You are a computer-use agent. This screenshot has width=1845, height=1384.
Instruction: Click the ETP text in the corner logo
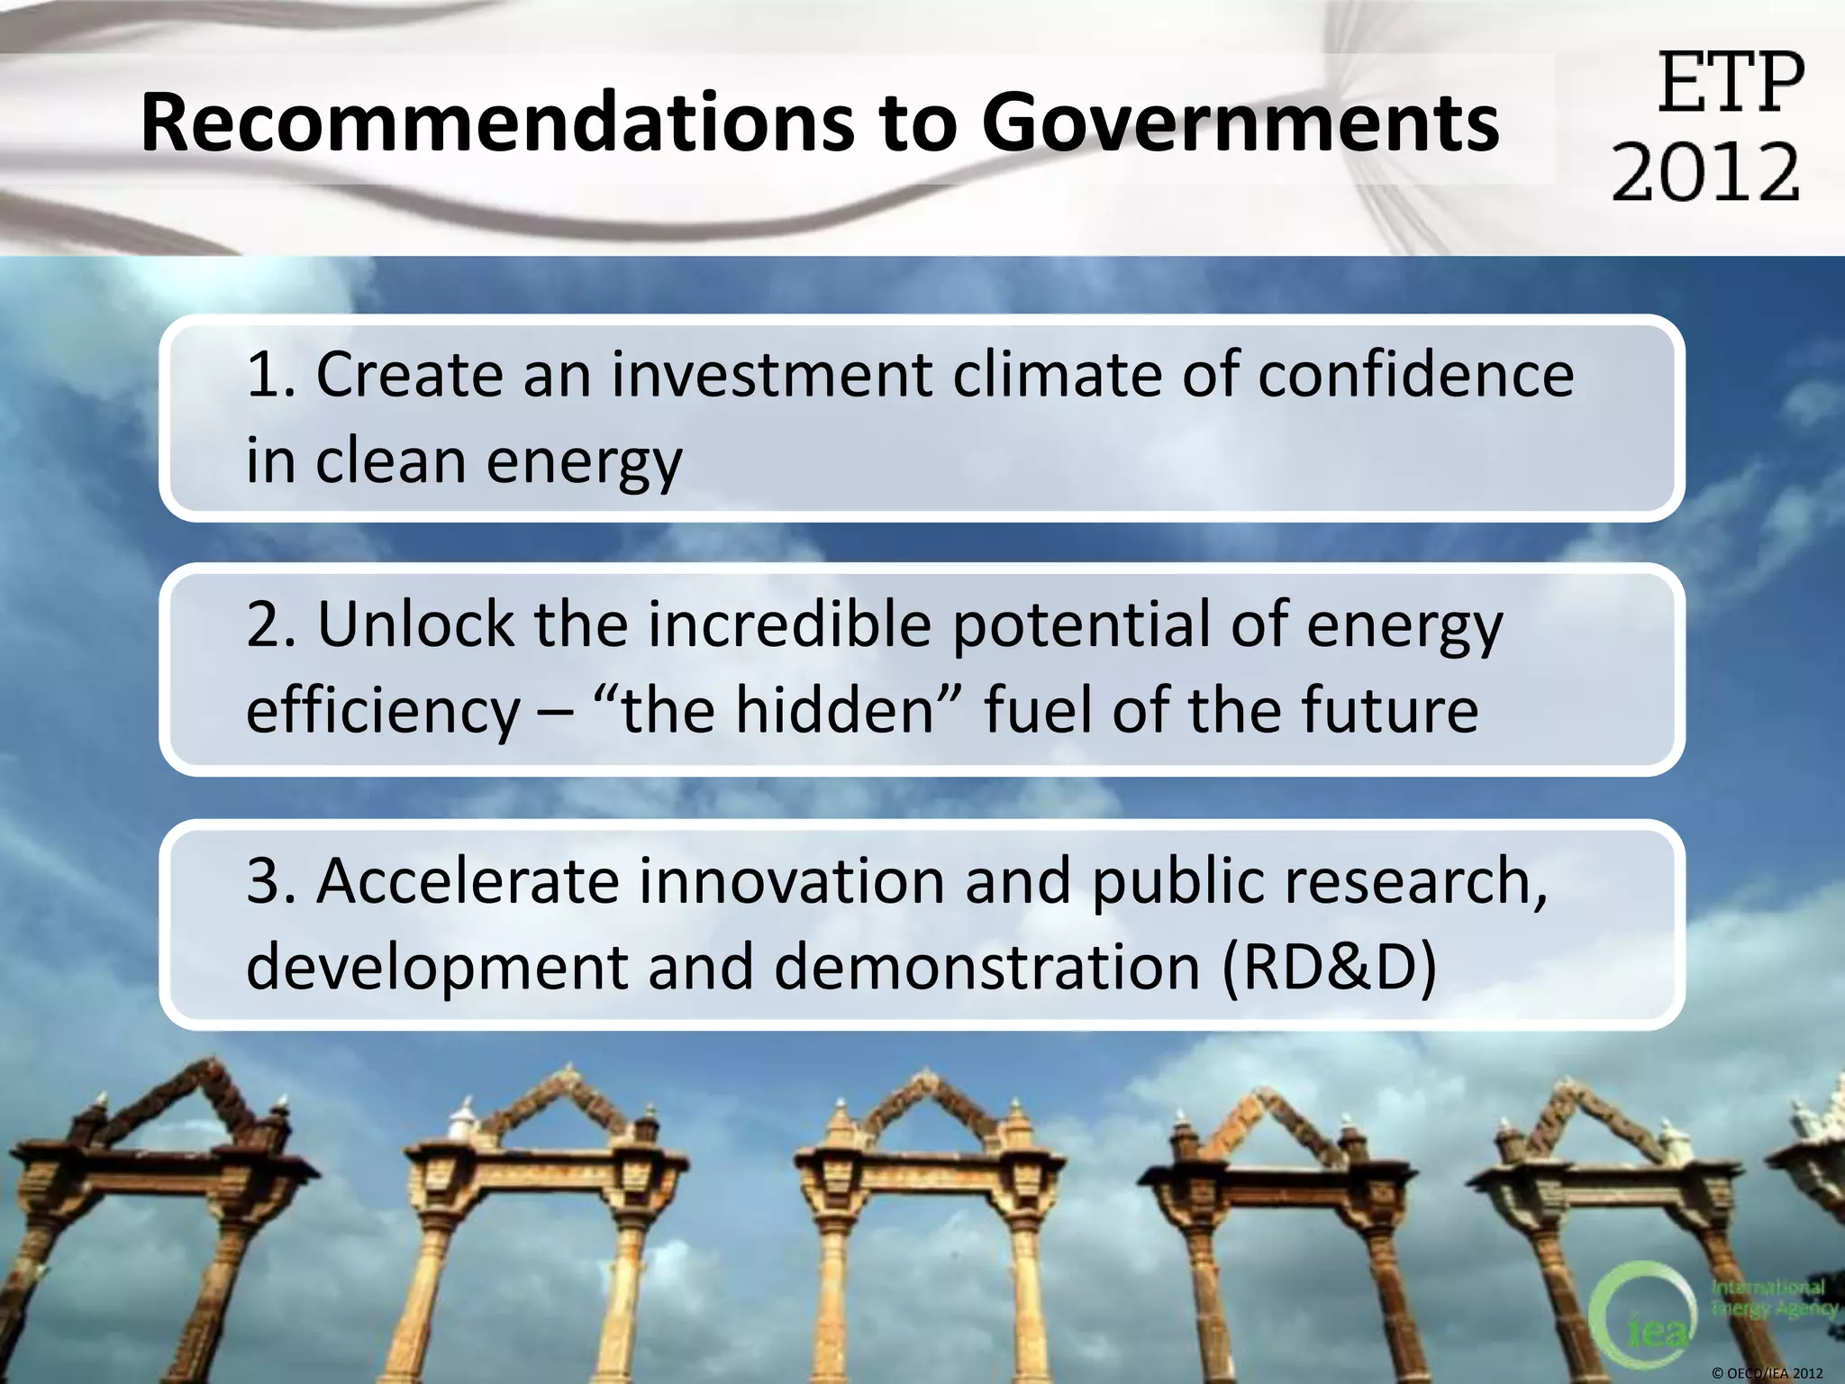(1731, 83)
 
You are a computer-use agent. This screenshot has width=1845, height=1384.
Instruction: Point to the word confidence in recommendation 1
(1415, 374)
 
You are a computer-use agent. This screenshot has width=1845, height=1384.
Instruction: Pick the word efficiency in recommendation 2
(383, 710)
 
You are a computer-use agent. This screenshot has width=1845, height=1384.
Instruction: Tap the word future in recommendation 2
(1389, 710)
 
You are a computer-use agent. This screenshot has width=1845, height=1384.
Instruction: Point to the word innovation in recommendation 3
(792, 880)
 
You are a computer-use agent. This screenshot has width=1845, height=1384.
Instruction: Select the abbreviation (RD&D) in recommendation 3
(1329, 967)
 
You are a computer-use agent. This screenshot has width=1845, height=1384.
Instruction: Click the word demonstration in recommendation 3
(986, 967)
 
